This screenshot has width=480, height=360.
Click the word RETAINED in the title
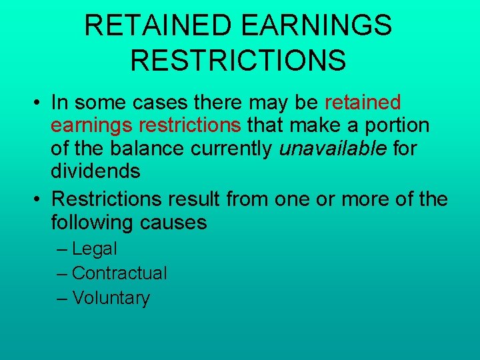pyautogui.click(x=158, y=26)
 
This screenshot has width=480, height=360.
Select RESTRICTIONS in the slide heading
pyautogui.click(x=238, y=59)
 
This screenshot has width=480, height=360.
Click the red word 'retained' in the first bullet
pyautogui.click(x=363, y=103)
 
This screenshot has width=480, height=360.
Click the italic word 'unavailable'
pyautogui.click(x=333, y=148)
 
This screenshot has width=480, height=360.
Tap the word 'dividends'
pyautogui.click(x=95, y=171)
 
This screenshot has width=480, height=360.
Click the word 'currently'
pyautogui.click(x=232, y=148)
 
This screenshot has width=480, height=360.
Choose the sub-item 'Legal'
pyautogui.click(x=94, y=249)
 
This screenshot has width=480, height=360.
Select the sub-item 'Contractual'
pyautogui.click(x=119, y=273)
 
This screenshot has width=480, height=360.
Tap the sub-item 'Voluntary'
pyautogui.click(x=111, y=298)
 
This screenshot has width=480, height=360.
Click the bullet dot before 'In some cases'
pyautogui.click(x=40, y=103)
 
